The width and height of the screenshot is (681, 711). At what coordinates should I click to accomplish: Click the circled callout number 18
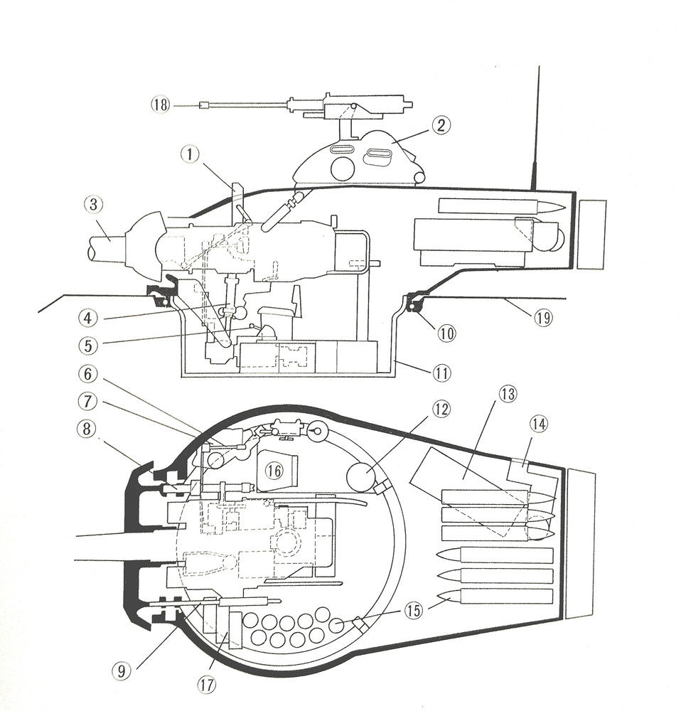click(160, 105)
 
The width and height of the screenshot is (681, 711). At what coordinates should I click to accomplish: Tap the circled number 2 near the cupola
click(441, 126)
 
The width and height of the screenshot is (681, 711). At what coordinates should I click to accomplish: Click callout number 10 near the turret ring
click(446, 332)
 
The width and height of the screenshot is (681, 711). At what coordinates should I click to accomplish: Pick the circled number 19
click(543, 319)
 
